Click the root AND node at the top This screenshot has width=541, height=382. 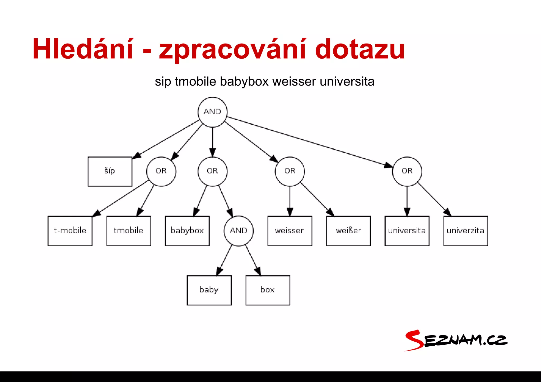coord(212,112)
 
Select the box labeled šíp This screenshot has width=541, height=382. coord(110,171)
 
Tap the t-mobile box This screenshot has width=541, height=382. coord(70,231)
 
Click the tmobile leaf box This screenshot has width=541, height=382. coord(129,231)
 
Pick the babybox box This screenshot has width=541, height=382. coord(187,231)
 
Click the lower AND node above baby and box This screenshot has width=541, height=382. coord(239,231)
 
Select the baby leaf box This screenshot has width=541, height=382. coord(209,290)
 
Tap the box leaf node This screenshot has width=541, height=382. coord(268,290)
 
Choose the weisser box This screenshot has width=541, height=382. coord(290,231)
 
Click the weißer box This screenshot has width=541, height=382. coord(348,231)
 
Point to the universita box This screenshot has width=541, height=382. coord(407,231)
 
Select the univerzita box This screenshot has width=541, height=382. coord(466,231)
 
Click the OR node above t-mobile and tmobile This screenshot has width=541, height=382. coord(161,171)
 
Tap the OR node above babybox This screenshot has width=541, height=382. coord(212,171)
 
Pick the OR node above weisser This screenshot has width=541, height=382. coord(290,171)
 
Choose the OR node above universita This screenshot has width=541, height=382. coord(407,171)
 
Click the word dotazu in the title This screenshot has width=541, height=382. coord(360,49)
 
